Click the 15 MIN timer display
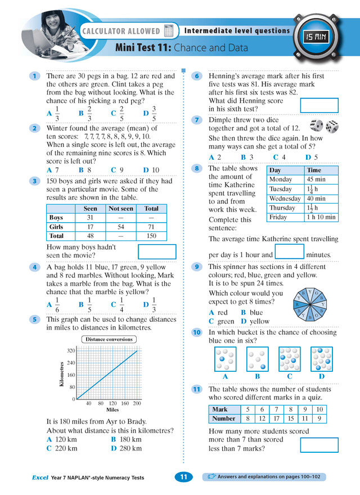[317, 38]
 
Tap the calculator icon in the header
[169, 30]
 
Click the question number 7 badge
[197, 120]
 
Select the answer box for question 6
[319, 105]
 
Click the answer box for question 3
[157, 251]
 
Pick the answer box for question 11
[319, 445]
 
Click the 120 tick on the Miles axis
[112, 403]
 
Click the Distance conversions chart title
[109, 339]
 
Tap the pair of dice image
[324, 126]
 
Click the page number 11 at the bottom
[183, 477]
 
